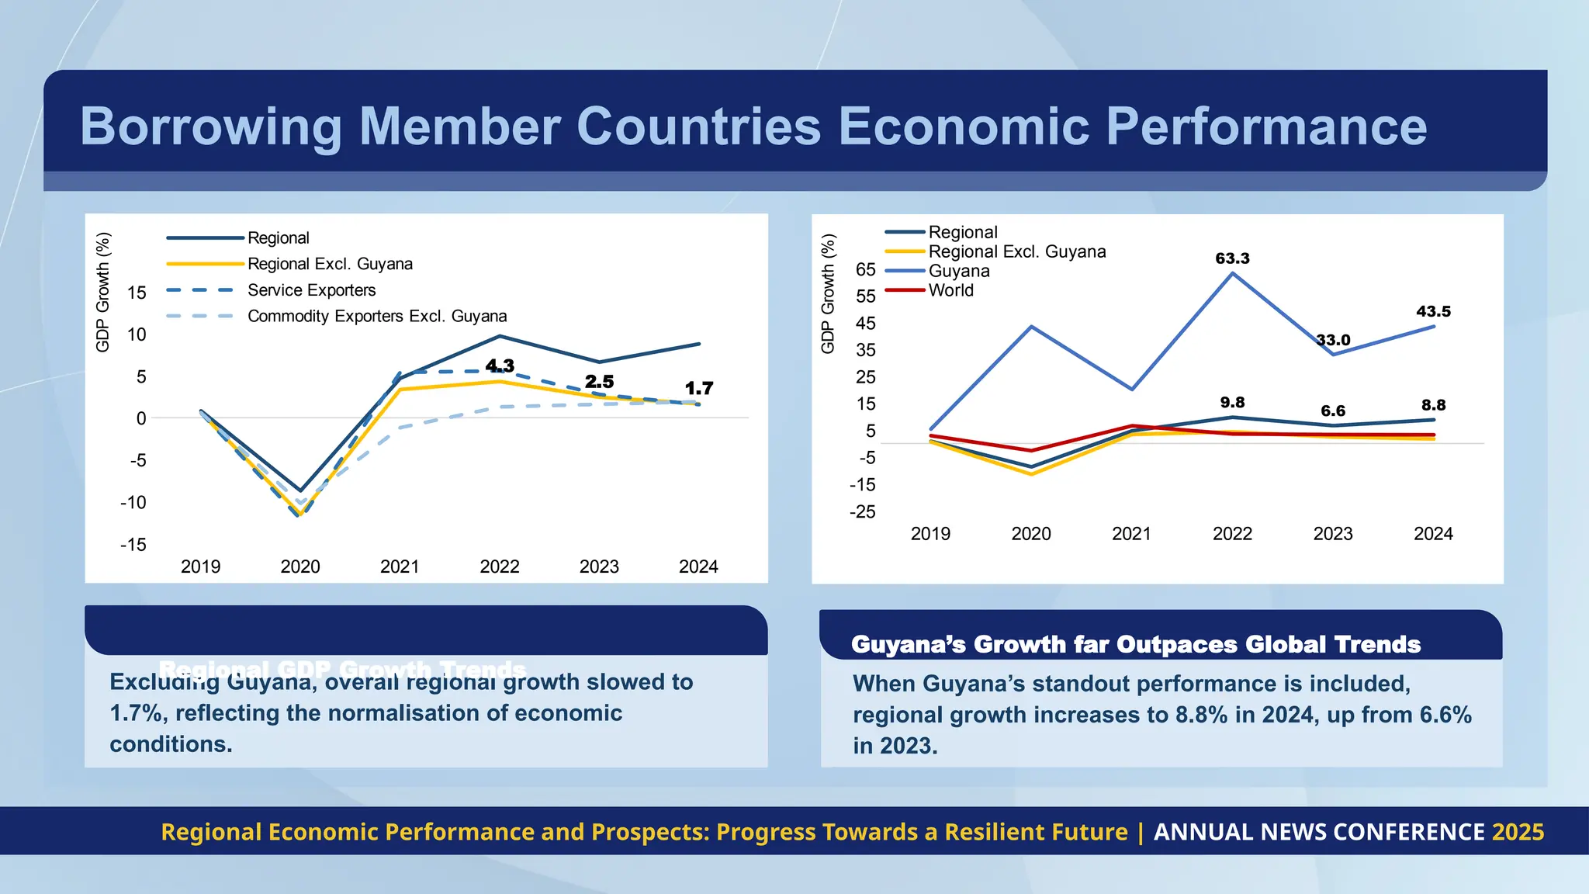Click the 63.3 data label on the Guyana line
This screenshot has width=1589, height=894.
pos(1232,258)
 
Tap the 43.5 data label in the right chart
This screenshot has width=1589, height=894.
pos(1433,311)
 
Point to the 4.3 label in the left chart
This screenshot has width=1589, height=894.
pos(500,366)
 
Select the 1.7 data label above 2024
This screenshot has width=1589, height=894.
pos(698,388)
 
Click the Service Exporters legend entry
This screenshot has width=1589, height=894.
pos(311,290)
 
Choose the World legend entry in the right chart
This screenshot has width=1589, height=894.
pos(950,290)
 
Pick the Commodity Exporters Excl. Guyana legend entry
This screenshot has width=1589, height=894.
pos(376,317)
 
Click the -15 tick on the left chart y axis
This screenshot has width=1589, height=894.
pos(133,545)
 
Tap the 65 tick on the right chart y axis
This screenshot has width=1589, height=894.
pos(865,270)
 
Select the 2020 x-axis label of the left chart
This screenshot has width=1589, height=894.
pos(300,567)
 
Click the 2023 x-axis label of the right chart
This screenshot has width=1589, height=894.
pos(1332,534)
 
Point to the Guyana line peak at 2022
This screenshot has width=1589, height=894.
pos(1232,273)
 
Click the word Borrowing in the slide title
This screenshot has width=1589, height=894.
pos(210,126)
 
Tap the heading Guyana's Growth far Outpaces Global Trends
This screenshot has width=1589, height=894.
pos(1135,645)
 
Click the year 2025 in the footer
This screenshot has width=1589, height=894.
pos(1518,832)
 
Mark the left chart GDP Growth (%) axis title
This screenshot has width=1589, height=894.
pos(102,292)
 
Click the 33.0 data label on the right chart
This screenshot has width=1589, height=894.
pos(1334,340)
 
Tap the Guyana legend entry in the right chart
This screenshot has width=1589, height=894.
pos(959,271)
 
